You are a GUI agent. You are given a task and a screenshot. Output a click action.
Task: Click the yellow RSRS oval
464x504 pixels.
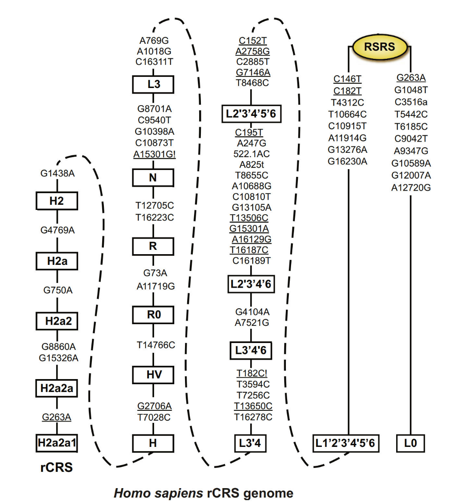[379, 47]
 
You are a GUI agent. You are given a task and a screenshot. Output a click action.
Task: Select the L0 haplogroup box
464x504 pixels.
[410, 443]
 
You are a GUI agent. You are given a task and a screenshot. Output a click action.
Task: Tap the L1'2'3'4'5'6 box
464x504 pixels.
[346, 443]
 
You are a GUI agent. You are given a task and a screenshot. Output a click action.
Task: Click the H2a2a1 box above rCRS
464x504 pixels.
[57, 443]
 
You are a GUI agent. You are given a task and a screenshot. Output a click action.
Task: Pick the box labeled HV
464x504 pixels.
[153, 375]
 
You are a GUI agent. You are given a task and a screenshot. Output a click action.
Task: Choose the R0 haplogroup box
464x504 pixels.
[153, 315]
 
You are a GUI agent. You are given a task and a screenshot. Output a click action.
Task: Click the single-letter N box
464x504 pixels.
[153, 177]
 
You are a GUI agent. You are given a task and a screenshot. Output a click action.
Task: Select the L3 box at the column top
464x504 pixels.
[153, 84]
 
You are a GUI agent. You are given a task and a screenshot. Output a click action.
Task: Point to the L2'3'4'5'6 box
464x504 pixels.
[251, 114]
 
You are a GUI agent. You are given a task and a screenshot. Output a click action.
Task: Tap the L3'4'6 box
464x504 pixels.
[251, 350]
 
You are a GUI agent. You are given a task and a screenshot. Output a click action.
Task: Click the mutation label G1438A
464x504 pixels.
[58, 173]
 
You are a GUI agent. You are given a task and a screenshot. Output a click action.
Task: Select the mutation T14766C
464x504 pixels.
[156, 345]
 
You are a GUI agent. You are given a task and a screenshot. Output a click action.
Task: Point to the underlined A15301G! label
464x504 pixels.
[155, 154]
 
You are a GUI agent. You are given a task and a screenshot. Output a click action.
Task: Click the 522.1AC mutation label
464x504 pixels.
[252, 154]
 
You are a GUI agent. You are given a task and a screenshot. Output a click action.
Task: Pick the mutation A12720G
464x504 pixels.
[411, 188]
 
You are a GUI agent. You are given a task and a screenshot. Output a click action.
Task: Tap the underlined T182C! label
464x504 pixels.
[252, 373]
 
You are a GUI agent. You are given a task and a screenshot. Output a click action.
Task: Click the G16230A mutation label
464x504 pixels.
[348, 161]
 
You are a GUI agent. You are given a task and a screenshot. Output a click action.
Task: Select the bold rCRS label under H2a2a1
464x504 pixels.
[57, 467]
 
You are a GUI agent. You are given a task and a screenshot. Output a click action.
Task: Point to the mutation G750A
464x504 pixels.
[58, 290]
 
